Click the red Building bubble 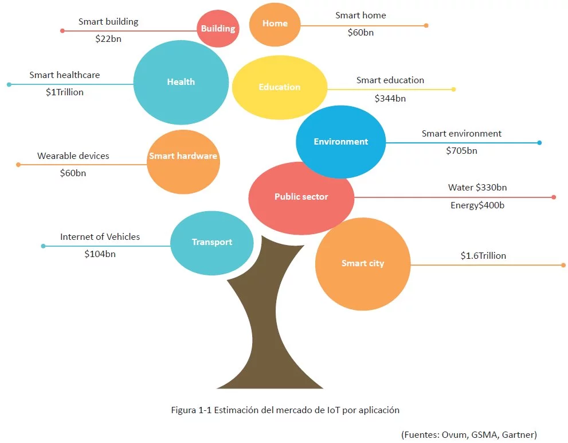pyautogui.click(x=218, y=28)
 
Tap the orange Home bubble pyautogui.click(x=275, y=24)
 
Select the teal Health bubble pyautogui.click(x=181, y=82)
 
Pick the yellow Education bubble pyautogui.click(x=279, y=87)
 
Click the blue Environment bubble pyautogui.click(x=340, y=141)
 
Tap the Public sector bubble pyautogui.click(x=301, y=197)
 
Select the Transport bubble pyautogui.click(x=211, y=242)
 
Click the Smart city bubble pyautogui.click(x=362, y=263)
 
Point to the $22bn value pyautogui.click(x=108, y=39)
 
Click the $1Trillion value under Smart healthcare pyautogui.click(x=65, y=92)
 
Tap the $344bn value pyautogui.click(x=390, y=98)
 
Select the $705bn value pyautogui.click(x=461, y=150)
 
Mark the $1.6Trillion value pyautogui.click(x=483, y=256)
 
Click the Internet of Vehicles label pyautogui.click(x=100, y=236)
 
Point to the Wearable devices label pyautogui.click(x=73, y=156)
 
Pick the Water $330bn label pyautogui.click(x=477, y=188)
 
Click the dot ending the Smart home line pyautogui.click(x=426, y=25)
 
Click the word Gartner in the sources pyautogui.click(x=518, y=434)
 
